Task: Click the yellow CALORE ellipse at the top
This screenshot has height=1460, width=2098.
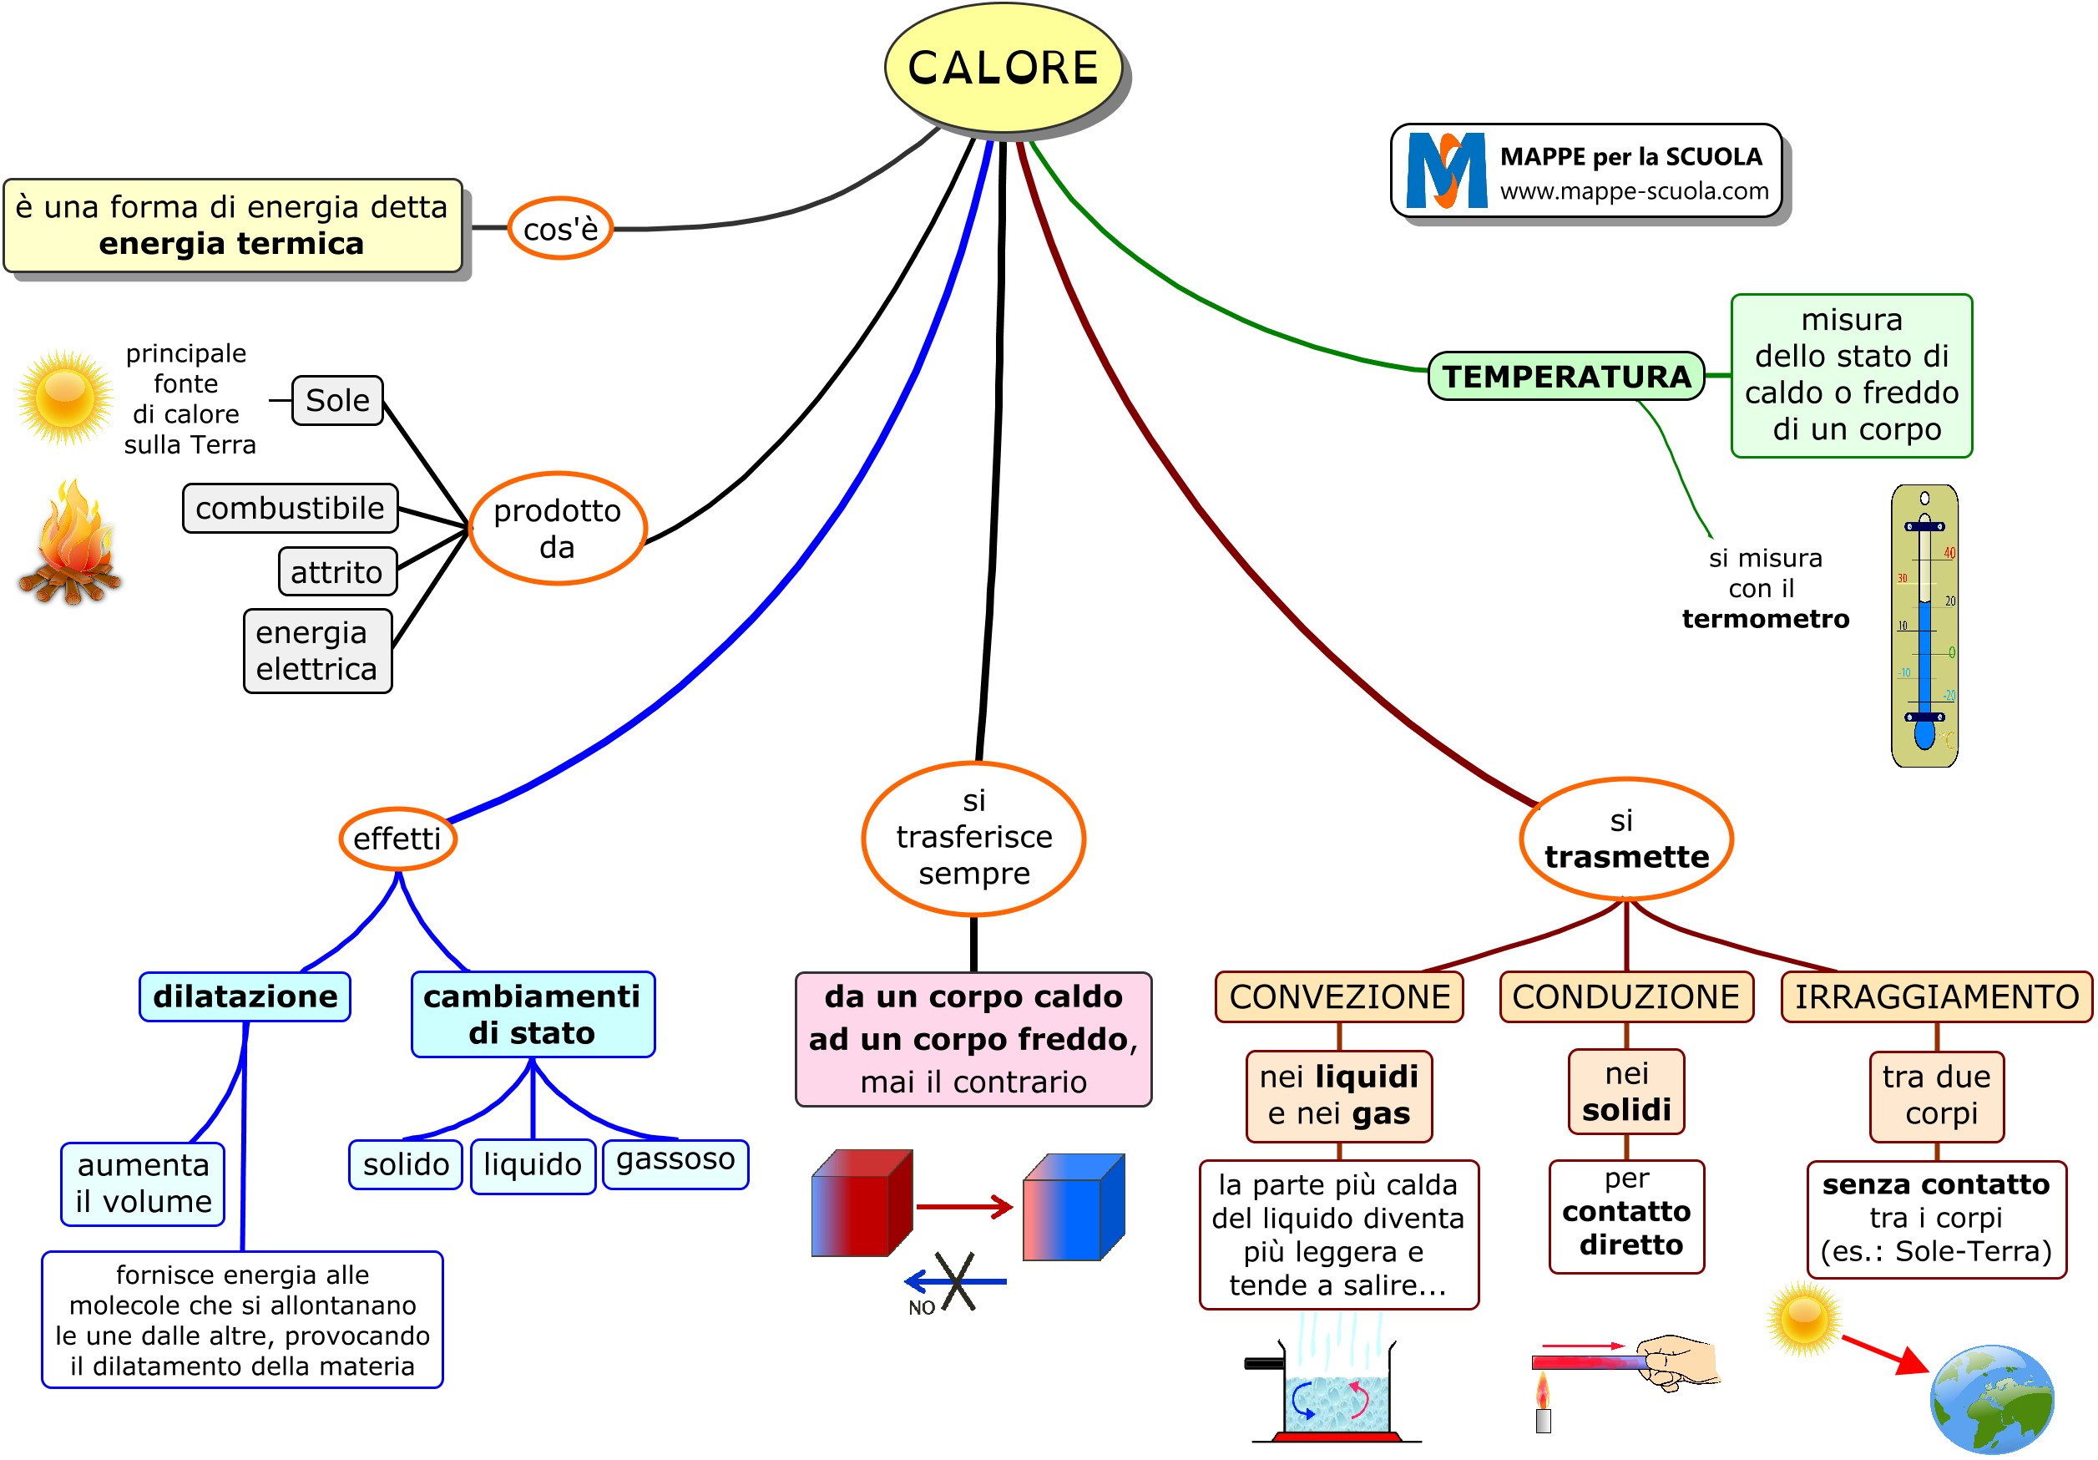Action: pyautogui.click(x=1003, y=68)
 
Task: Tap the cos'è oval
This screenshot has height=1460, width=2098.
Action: pyautogui.click(x=559, y=229)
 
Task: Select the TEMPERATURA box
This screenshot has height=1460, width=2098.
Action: pyautogui.click(x=1565, y=376)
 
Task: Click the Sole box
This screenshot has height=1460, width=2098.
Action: pyautogui.click(x=337, y=400)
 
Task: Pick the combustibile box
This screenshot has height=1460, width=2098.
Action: pyautogui.click(x=290, y=509)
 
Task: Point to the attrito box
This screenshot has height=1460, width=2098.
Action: pyautogui.click(x=336, y=571)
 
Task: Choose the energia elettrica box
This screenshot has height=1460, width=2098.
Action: pyautogui.click(x=317, y=651)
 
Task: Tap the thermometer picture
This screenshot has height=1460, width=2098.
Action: pyautogui.click(x=1924, y=626)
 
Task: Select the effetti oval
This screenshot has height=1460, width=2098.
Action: pyautogui.click(x=397, y=839)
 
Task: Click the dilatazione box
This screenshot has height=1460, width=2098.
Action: pyautogui.click(x=245, y=996)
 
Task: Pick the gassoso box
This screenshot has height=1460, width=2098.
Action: pyautogui.click(x=675, y=1163)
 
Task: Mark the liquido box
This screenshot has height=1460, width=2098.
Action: pyautogui.click(x=533, y=1164)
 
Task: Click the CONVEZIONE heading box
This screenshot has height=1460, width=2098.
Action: pyautogui.click(x=1338, y=996)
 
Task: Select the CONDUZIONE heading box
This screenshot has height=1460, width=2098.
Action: pyautogui.click(x=1625, y=996)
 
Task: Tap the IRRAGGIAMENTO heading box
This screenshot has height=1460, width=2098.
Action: pyautogui.click(x=1936, y=996)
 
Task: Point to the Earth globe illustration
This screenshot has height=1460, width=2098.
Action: pyautogui.click(x=1991, y=1398)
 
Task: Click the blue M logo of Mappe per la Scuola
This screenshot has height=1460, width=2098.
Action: pyautogui.click(x=1447, y=171)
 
